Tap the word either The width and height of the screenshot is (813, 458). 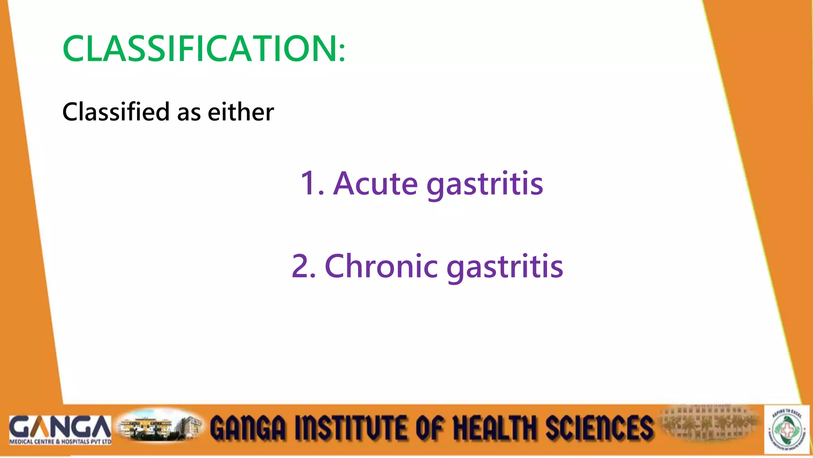(241, 112)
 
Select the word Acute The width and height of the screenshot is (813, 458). (375, 184)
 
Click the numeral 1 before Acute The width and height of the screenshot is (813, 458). (308, 184)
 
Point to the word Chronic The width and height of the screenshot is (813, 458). (381, 266)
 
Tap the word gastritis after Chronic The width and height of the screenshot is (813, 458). (505, 267)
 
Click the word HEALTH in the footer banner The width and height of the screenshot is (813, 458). (494, 428)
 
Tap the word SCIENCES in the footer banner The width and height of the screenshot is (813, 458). (599, 428)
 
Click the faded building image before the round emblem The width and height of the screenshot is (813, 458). (709, 423)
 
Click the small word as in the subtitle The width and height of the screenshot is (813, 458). (189, 113)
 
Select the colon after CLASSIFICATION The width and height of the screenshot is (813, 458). (342, 52)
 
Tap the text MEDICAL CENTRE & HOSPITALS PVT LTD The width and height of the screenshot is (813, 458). (60, 442)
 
